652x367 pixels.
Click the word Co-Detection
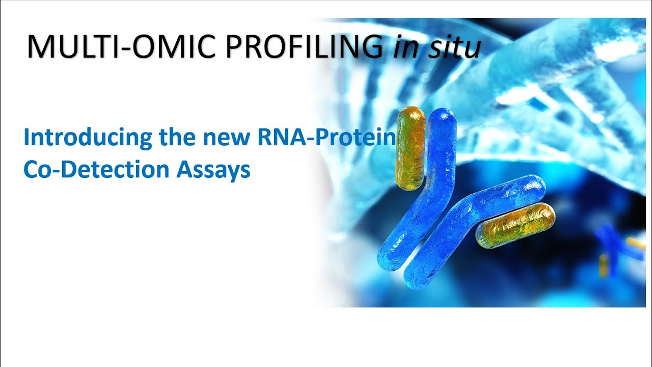coord(97,169)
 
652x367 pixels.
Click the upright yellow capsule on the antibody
coord(410,148)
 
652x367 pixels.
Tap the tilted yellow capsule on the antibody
coord(515,225)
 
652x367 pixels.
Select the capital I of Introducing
coord(26,138)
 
